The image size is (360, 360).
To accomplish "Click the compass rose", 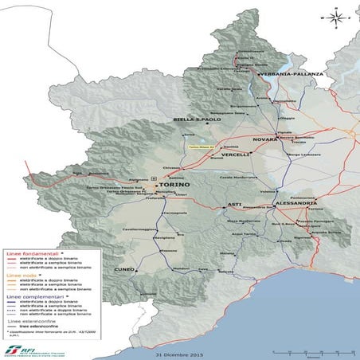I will point(338,16).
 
